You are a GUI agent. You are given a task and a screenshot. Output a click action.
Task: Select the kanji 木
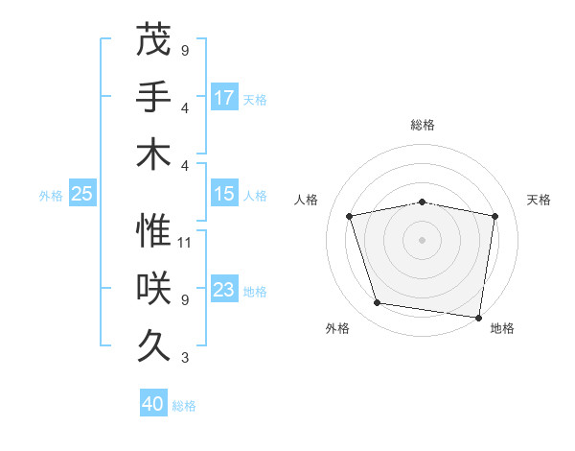(153, 154)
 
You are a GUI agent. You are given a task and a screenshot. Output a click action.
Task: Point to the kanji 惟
(153, 230)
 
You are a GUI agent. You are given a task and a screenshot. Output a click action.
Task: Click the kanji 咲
(153, 289)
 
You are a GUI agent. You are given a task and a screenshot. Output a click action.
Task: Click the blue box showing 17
(224, 97)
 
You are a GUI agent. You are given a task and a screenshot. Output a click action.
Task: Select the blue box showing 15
(224, 194)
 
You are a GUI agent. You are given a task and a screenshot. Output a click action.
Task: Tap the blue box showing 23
(224, 290)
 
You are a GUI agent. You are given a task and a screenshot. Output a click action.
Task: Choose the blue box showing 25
(81, 194)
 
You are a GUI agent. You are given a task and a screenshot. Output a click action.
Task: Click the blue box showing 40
(153, 404)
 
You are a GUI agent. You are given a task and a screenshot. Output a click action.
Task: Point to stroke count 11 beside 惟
(185, 243)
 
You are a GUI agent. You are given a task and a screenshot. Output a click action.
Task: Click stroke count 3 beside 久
(184, 359)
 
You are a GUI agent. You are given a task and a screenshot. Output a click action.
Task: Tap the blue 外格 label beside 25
(51, 195)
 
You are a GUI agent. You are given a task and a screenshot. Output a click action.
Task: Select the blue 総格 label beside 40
(184, 405)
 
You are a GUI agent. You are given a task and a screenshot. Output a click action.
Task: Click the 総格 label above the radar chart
(422, 125)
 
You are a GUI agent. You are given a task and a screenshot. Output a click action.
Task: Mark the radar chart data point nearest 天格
(494, 216)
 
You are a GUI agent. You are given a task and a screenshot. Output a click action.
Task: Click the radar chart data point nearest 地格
(477, 316)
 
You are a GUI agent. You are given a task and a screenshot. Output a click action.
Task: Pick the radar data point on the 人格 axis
(350, 216)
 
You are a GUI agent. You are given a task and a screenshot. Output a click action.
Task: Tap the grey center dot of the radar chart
(422, 239)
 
